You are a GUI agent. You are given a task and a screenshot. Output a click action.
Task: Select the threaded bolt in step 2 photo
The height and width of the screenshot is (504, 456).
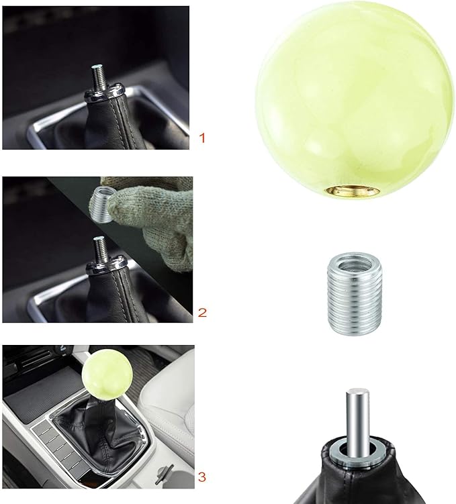tap(97, 249)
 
